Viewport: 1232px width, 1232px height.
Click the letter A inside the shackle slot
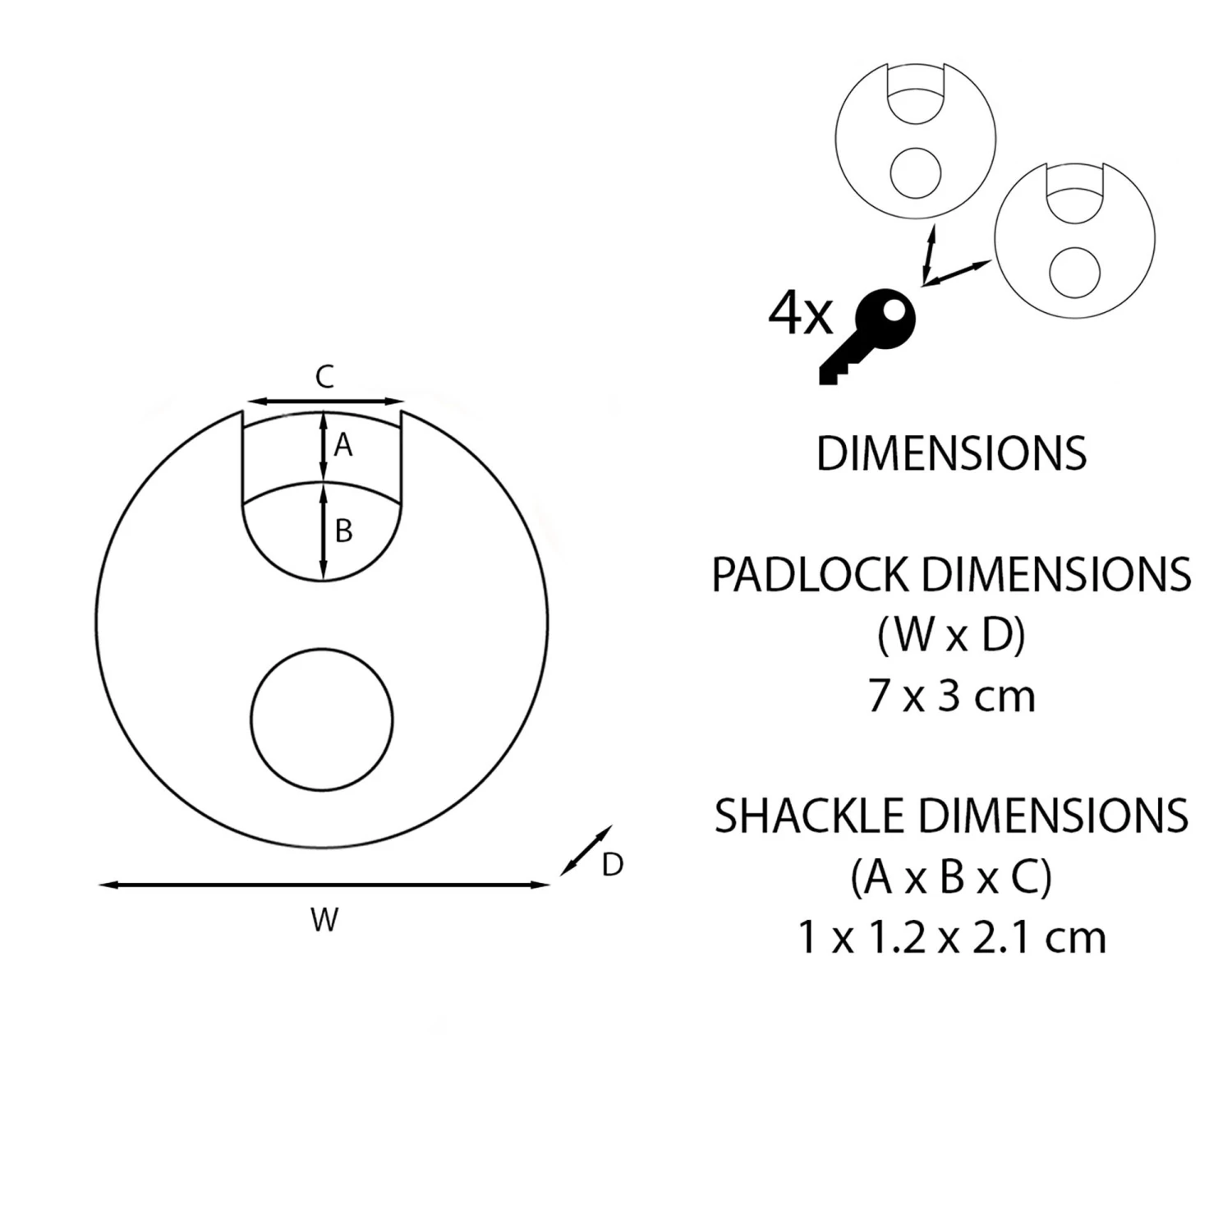(x=343, y=445)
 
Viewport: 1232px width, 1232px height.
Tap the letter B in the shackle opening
(x=344, y=531)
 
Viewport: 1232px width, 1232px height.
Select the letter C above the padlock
(x=324, y=377)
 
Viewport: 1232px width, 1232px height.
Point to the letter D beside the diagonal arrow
(x=613, y=865)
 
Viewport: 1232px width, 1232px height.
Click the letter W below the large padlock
(x=324, y=920)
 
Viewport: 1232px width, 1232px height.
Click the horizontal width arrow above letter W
(x=324, y=885)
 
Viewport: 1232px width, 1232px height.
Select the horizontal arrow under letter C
(x=324, y=402)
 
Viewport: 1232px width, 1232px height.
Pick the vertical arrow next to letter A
(x=323, y=446)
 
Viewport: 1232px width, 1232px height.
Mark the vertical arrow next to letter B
(x=323, y=532)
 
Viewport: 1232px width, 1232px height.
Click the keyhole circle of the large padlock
(x=322, y=719)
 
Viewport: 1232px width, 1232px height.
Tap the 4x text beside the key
(x=800, y=314)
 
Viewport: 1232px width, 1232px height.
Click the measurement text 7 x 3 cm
(x=951, y=696)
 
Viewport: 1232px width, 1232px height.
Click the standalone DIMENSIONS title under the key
(x=951, y=453)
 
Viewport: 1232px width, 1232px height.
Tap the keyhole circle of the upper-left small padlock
(x=916, y=173)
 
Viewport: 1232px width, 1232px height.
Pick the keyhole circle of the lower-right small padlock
(x=1075, y=272)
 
